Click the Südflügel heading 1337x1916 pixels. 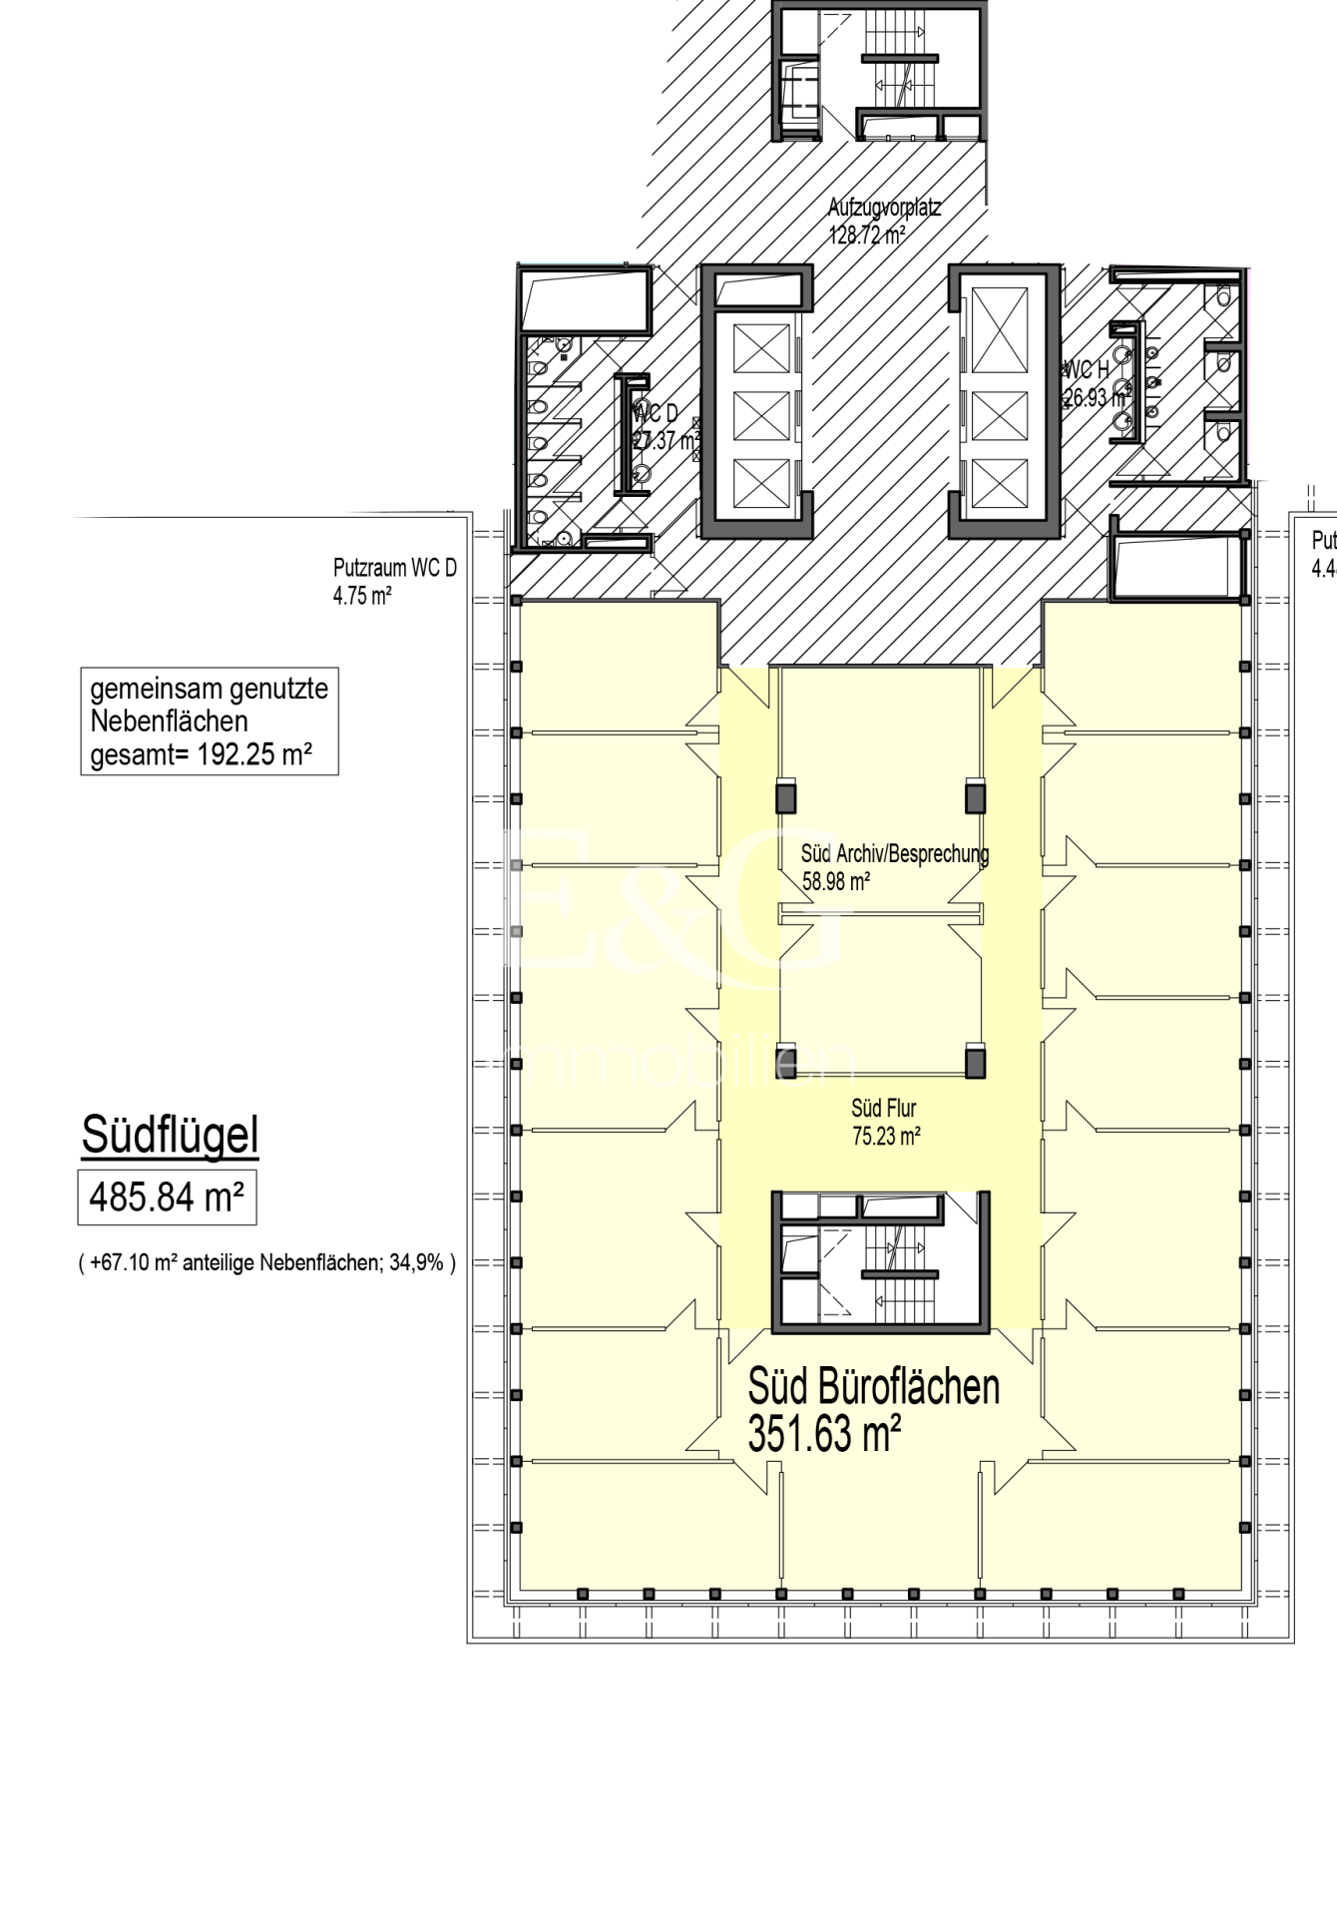170,1136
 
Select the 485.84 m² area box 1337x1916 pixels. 168,1197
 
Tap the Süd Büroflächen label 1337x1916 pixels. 873,1387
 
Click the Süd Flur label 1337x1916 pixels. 883,1108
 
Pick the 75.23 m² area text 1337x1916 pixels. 886,1136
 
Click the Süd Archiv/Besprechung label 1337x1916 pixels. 895,854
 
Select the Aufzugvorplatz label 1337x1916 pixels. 884,209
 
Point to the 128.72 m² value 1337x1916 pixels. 867,236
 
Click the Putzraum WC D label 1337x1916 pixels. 394,569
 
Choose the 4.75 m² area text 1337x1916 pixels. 362,597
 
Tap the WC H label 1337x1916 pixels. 1087,371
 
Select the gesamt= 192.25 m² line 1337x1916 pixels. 201,754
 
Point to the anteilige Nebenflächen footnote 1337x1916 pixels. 267,1263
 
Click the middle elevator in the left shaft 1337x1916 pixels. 761,415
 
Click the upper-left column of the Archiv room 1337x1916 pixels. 786,796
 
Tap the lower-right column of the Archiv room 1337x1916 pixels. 975,1060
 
